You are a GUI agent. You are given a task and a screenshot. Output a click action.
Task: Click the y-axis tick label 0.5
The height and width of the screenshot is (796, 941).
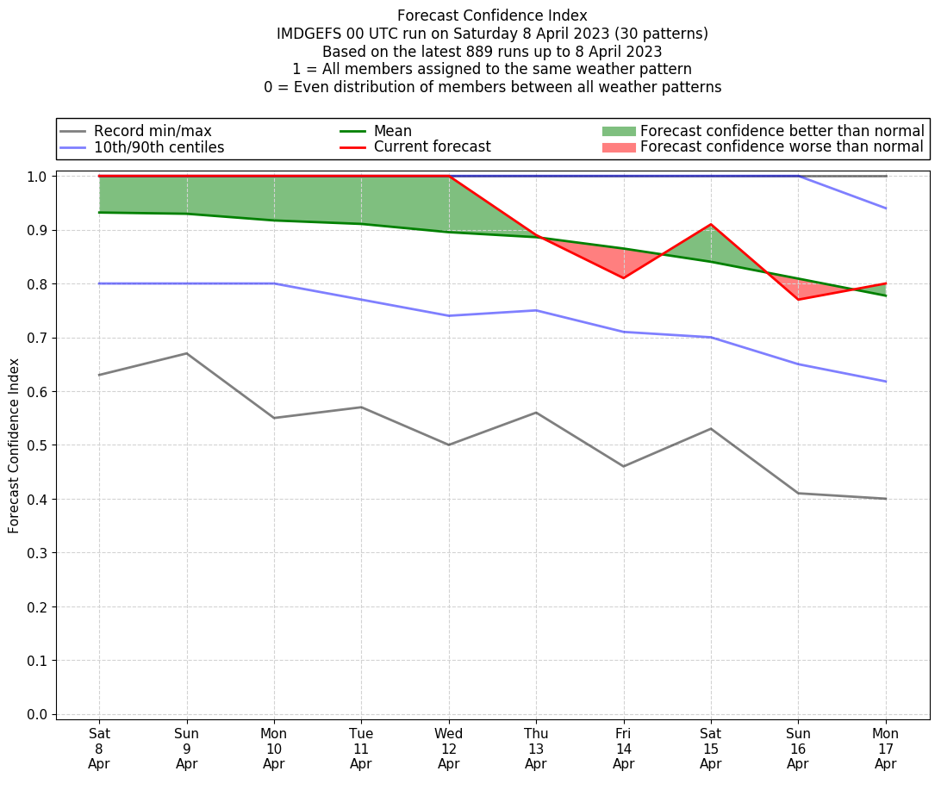(x=37, y=445)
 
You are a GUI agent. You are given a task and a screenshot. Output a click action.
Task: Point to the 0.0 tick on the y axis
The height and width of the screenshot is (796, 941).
(x=37, y=714)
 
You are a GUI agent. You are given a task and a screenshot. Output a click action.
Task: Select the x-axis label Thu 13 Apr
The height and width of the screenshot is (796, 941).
(x=536, y=748)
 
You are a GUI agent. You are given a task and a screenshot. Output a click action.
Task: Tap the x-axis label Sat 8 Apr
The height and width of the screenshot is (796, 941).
(x=99, y=748)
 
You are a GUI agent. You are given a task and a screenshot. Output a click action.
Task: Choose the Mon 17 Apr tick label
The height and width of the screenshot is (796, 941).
(x=885, y=748)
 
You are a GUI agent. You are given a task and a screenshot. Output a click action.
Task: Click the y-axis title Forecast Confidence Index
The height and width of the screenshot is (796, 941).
(x=14, y=445)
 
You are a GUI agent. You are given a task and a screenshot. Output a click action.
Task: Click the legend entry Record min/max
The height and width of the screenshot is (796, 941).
(x=152, y=131)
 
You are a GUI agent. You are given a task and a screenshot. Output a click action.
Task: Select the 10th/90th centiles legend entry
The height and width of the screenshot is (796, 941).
(x=159, y=147)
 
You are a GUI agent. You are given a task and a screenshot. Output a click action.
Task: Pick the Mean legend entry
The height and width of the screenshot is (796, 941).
(x=392, y=131)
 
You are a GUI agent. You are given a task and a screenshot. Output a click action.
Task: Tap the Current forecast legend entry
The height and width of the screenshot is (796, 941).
(x=432, y=147)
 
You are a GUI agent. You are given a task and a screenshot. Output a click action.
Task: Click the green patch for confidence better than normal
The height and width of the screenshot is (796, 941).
(x=619, y=131)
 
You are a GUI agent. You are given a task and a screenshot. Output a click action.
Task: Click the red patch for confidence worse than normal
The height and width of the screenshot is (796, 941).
(x=619, y=147)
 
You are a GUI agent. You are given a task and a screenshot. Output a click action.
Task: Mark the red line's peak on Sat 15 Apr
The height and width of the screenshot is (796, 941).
(x=711, y=225)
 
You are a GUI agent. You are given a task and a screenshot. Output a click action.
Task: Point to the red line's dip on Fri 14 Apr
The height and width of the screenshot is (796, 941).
(x=623, y=277)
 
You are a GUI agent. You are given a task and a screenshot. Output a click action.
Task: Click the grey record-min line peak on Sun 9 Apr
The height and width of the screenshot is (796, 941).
(x=186, y=353)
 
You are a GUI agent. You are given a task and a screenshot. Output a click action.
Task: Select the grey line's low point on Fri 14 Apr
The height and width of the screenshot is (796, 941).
(x=623, y=466)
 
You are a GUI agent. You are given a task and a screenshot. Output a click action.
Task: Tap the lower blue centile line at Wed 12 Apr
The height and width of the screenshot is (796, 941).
(x=448, y=315)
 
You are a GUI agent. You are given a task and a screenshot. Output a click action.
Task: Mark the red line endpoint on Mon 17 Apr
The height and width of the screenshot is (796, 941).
(x=885, y=283)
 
